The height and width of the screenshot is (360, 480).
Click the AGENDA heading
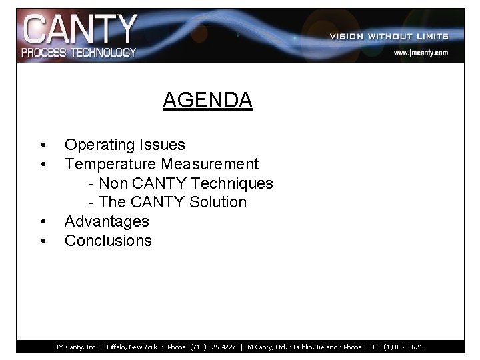click(x=207, y=100)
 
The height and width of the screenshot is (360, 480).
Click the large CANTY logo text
click(x=79, y=31)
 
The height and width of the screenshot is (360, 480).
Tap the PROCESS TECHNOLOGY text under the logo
click(x=79, y=52)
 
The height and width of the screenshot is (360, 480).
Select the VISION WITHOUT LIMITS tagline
click(x=389, y=36)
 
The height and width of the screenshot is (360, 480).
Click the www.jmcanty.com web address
click(x=420, y=52)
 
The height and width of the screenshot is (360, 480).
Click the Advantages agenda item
click(x=107, y=221)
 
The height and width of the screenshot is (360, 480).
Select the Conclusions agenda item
click(x=108, y=240)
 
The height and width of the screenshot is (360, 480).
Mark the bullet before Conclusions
click(x=43, y=241)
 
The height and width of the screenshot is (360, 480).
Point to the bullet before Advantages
click(x=43, y=221)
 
